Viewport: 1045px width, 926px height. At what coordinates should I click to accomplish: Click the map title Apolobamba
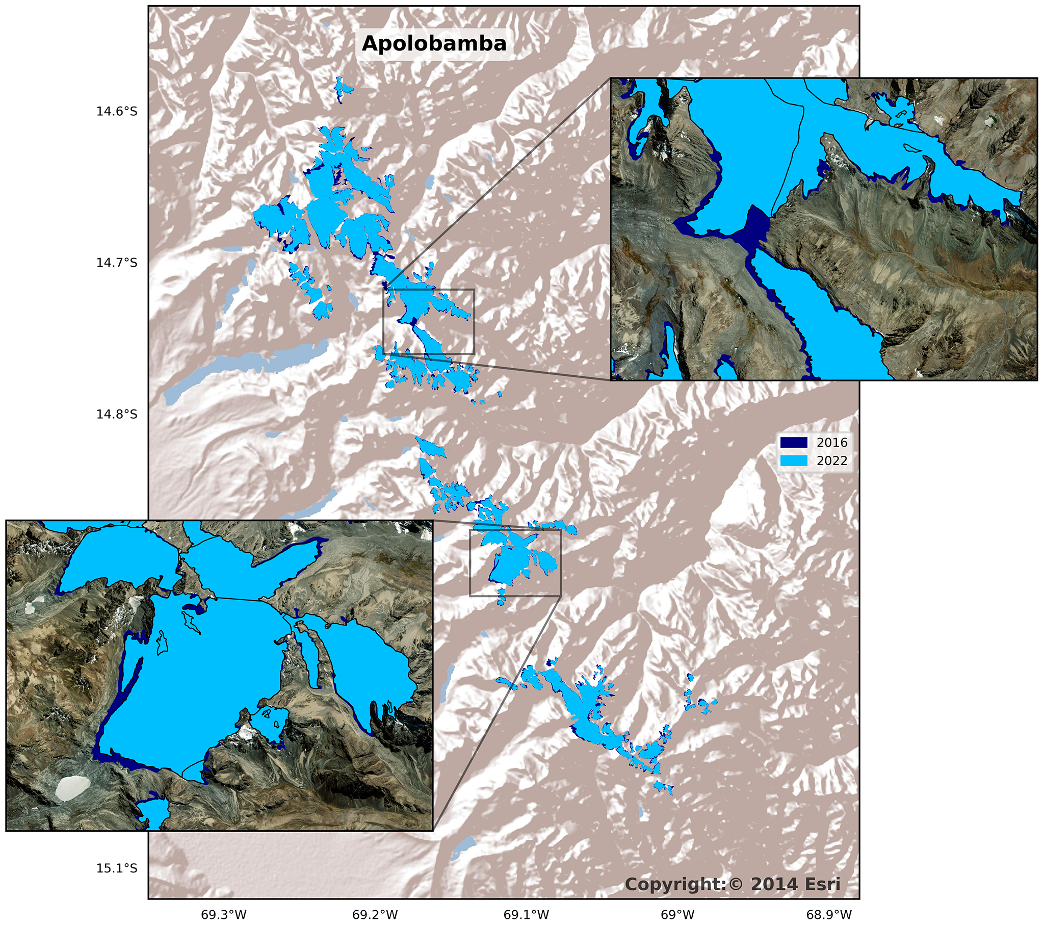434,43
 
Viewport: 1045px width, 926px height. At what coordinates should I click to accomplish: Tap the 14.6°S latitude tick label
117,112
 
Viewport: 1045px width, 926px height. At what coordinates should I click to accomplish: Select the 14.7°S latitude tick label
117,263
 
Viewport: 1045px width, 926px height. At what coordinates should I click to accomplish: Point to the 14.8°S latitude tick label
117,414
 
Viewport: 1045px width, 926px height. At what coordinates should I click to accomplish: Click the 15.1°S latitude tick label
117,868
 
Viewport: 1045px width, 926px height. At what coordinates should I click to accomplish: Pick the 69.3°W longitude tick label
223,915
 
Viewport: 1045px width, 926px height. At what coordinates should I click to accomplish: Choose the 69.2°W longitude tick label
375,915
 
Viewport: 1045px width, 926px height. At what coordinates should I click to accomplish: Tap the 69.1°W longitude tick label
526,915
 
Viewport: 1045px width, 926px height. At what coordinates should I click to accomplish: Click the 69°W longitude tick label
677,915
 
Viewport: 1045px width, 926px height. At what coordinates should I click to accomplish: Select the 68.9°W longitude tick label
829,915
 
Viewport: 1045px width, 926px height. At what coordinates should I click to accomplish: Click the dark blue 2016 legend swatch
794,442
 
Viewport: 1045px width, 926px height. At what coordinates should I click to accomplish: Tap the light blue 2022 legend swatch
794,460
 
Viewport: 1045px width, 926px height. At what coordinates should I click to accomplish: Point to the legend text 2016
832,442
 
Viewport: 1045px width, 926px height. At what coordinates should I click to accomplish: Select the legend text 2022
832,460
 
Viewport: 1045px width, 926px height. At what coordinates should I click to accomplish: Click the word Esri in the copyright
821,884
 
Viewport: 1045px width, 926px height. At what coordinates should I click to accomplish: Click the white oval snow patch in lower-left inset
71,788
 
